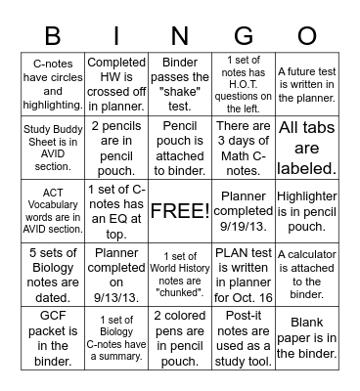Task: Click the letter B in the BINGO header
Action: (x=53, y=36)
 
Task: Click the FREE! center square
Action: (x=180, y=211)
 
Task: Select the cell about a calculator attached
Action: (x=307, y=275)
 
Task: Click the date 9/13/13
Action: (x=116, y=289)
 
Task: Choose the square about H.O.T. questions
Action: (x=244, y=88)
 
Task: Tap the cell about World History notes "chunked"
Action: (x=180, y=275)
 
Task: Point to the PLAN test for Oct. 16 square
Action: (x=244, y=275)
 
